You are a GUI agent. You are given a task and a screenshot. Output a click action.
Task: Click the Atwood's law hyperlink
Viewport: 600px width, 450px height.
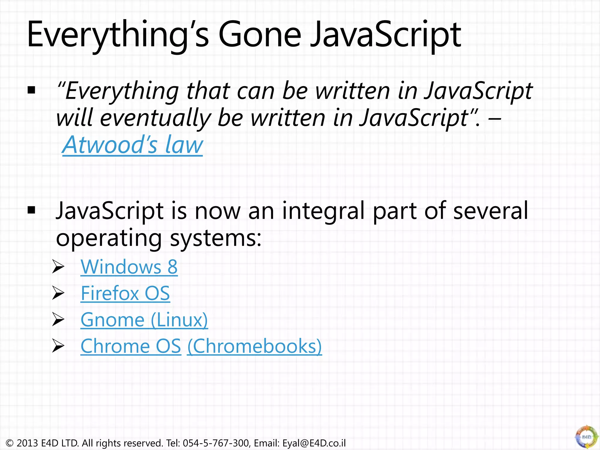coord(132,145)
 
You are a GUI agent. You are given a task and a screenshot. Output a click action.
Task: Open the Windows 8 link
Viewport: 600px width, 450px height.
coord(129,267)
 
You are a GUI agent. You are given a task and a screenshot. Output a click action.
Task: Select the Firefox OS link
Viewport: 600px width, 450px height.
coord(125,293)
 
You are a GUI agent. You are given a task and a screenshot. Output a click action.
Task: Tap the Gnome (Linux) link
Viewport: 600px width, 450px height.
coord(144,320)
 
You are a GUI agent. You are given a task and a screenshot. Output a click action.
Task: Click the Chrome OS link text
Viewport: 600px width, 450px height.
coord(131,346)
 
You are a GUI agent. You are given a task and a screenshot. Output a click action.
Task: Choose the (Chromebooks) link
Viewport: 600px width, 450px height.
coord(254,346)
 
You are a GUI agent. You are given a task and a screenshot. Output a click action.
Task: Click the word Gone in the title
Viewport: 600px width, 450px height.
coord(260,35)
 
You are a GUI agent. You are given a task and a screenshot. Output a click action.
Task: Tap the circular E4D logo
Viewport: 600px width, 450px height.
coord(587,437)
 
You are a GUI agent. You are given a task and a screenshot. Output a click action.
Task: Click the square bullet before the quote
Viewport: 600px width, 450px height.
coord(31,90)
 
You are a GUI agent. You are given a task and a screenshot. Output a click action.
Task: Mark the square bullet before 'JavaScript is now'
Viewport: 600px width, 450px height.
coord(31,210)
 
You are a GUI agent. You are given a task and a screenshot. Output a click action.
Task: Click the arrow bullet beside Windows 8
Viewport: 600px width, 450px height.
coord(58,267)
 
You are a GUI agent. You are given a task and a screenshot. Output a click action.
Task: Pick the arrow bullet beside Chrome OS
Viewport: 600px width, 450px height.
coord(58,346)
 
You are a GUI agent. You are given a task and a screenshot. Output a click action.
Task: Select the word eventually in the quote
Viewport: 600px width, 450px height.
coord(155,118)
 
